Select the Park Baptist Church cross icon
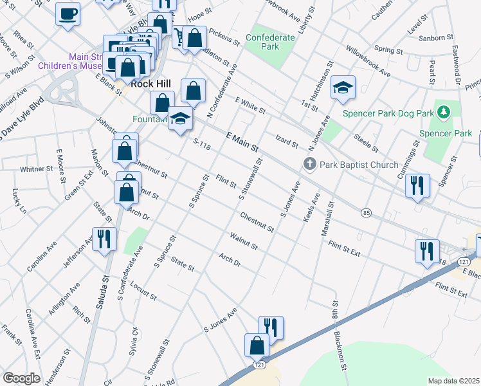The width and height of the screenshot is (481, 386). [309, 165]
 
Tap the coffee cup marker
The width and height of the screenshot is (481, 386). [68, 14]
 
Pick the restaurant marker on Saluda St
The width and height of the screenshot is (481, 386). [104, 239]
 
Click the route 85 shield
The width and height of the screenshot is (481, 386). [366, 212]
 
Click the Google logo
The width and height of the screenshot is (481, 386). [21, 378]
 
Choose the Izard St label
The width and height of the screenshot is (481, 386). [287, 143]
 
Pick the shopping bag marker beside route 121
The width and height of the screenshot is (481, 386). [257, 345]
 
